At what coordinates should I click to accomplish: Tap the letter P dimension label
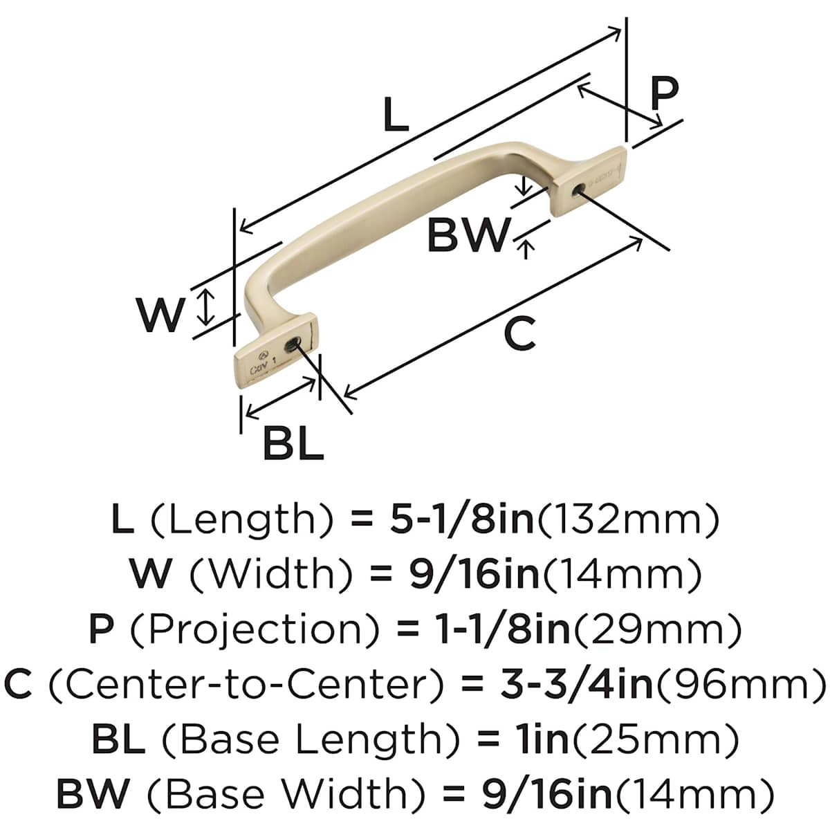(x=664, y=93)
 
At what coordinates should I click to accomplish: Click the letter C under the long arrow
(x=519, y=333)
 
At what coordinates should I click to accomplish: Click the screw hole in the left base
(x=295, y=343)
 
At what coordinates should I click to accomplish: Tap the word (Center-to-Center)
(x=246, y=684)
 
